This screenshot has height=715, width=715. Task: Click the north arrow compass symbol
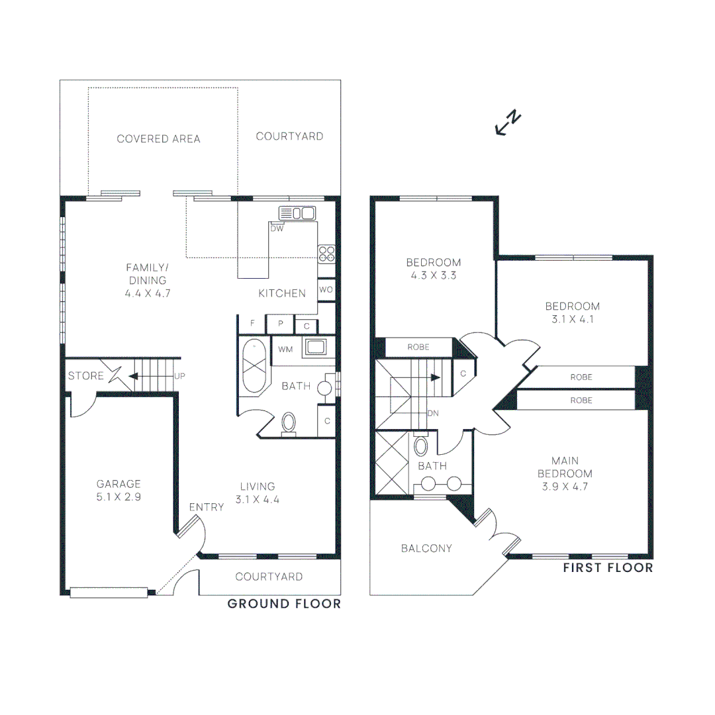pos(508,124)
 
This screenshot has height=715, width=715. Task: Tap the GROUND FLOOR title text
pos(284,604)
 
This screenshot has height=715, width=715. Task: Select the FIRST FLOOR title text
pos(608,568)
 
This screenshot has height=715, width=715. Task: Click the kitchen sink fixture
pos(297,213)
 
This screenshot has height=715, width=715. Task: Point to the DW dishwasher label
pos(277,228)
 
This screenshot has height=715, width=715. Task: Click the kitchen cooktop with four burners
pos(327,253)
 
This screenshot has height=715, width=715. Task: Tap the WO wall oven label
pos(326,290)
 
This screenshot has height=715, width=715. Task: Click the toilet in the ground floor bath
pos(289,422)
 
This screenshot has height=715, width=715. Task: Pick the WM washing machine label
pos(285,349)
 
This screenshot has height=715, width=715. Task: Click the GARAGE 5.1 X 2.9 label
pos(119,490)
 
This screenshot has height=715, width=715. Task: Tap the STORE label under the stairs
pos(85,376)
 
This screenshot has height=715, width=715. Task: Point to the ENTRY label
pos(207,507)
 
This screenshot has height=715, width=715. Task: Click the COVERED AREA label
pos(158,139)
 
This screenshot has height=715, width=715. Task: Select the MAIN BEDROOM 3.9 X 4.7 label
pos(565,473)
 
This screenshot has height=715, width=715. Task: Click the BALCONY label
pos(426,548)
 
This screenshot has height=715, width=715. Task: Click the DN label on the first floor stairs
pos(433,413)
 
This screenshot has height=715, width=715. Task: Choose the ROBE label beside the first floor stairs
pos(418,347)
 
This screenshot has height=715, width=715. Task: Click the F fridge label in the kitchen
pos(252,324)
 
